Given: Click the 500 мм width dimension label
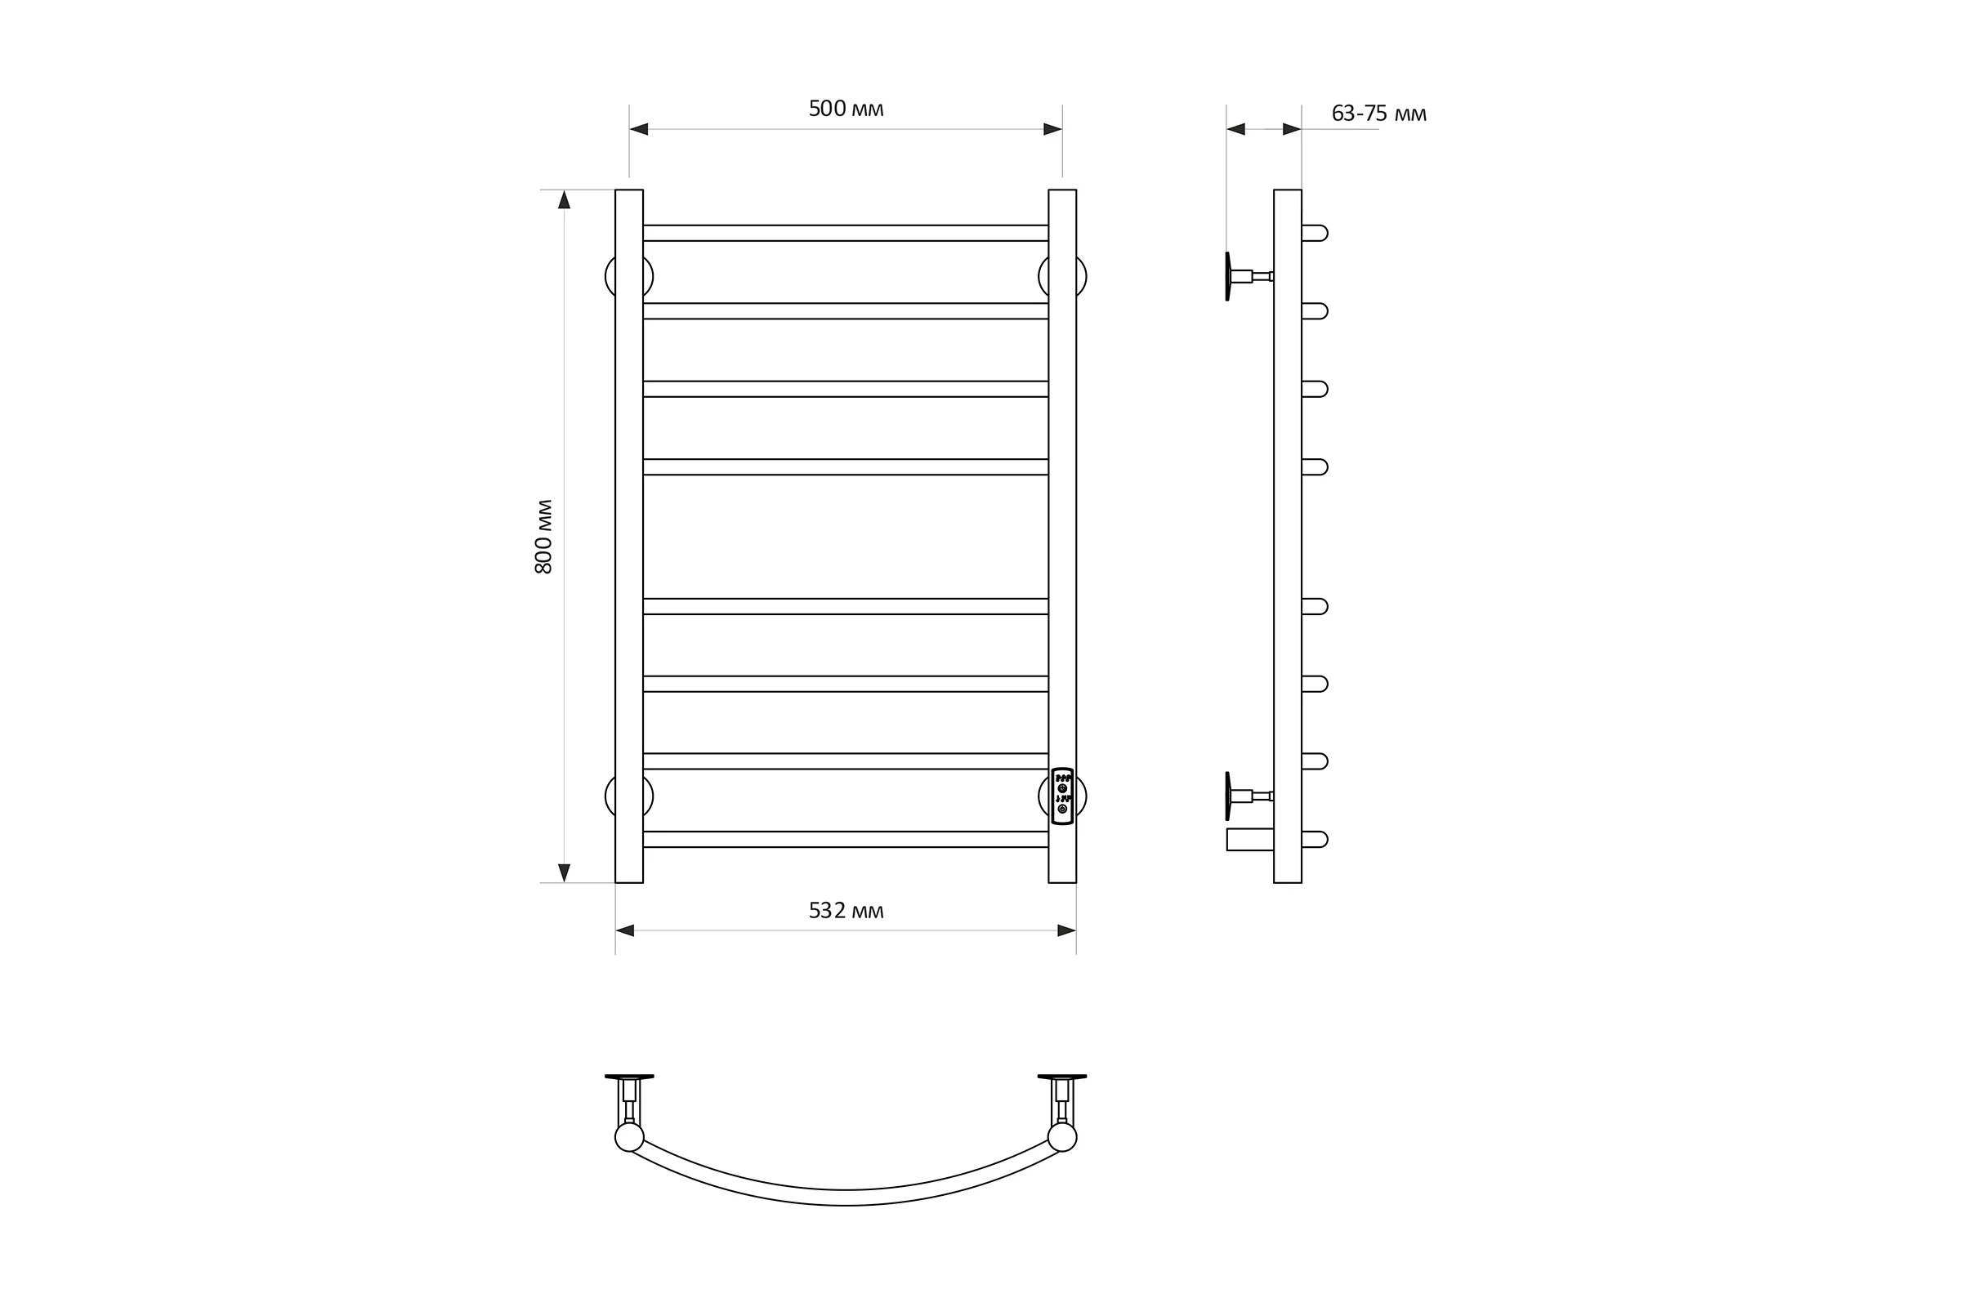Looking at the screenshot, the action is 846,109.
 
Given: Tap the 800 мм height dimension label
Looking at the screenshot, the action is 543,537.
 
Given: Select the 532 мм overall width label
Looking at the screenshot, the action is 846,911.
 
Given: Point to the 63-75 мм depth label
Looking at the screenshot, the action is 1379,114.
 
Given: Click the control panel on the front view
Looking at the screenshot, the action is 1062,796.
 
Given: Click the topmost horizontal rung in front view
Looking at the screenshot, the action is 846,233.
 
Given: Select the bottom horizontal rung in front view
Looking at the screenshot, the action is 846,840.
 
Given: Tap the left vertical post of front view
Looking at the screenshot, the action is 628,536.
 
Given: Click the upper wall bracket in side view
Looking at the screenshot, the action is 1249,276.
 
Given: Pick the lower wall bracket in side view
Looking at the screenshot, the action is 1249,796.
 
